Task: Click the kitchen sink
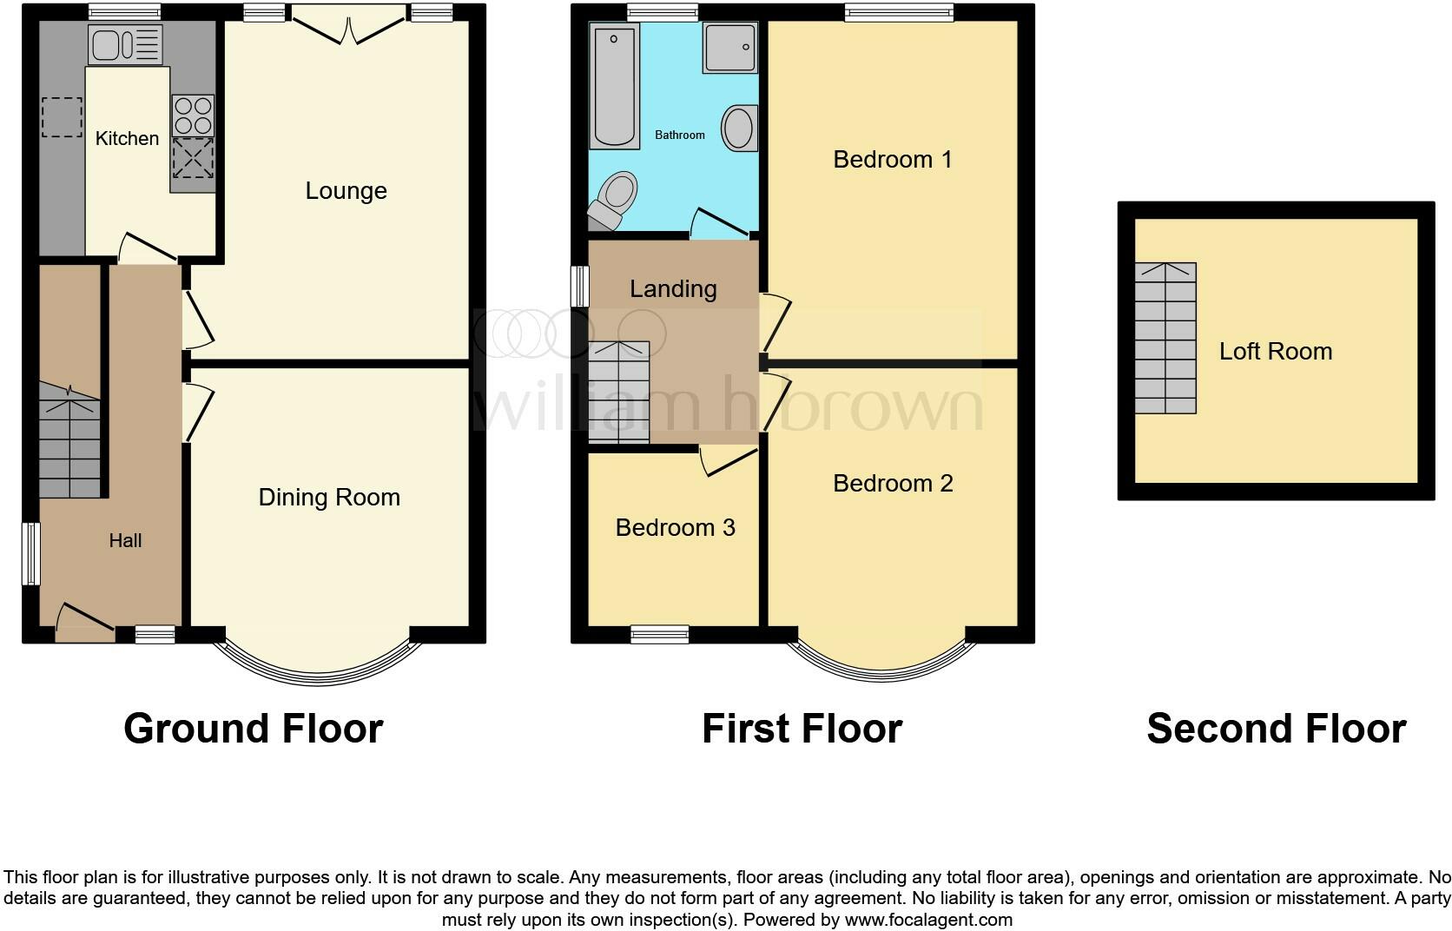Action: pyautogui.click(x=125, y=44)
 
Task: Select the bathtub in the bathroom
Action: pyautogui.click(x=615, y=85)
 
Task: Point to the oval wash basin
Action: pyautogui.click(x=739, y=129)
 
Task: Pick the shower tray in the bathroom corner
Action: pyautogui.click(x=729, y=48)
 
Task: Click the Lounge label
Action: pyautogui.click(x=346, y=191)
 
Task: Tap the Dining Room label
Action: pyautogui.click(x=329, y=497)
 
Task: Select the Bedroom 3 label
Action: pyautogui.click(x=675, y=527)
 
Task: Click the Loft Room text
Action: pyautogui.click(x=1275, y=351)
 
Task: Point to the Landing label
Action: pyautogui.click(x=673, y=288)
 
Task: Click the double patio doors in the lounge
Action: pyautogui.click(x=348, y=26)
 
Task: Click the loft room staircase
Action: pyautogui.click(x=1165, y=338)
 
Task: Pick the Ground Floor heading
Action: pyautogui.click(x=253, y=728)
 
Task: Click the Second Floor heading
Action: pyautogui.click(x=1276, y=728)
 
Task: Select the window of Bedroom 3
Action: pyautogui.click(x=659, y=634)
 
